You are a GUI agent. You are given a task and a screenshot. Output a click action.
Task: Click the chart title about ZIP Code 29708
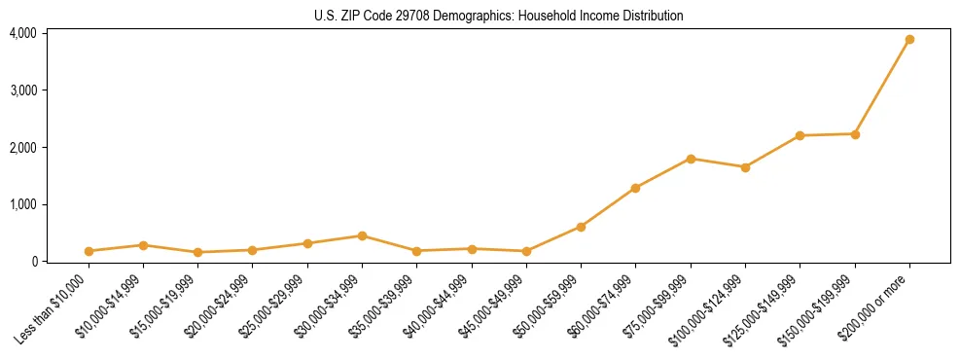coord(499,16)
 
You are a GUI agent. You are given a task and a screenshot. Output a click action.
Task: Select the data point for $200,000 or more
coord(909,40)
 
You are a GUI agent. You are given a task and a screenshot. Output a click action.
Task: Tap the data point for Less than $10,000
coord(89,251)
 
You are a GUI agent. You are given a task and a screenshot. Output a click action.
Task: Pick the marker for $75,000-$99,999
coord(691,159)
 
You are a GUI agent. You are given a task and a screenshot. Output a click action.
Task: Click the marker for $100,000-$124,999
coord(745,167)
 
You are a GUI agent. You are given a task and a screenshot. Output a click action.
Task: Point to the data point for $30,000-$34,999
coord(362,235)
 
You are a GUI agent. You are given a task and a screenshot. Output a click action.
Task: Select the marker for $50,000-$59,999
coord(581,227)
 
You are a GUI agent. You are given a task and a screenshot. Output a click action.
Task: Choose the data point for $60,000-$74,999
coord(635,188)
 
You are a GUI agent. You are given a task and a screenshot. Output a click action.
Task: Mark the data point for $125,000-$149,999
coord(800,135)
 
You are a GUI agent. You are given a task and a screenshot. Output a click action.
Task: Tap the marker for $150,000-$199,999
coord(855,134)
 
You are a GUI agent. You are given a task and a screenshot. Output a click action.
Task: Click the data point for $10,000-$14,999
coord(143,245)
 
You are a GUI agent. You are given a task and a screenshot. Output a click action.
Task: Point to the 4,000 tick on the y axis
coord(22,33)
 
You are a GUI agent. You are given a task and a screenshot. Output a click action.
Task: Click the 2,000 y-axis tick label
coord(22,148)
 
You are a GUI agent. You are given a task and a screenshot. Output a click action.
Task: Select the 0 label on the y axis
coord(33,262)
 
